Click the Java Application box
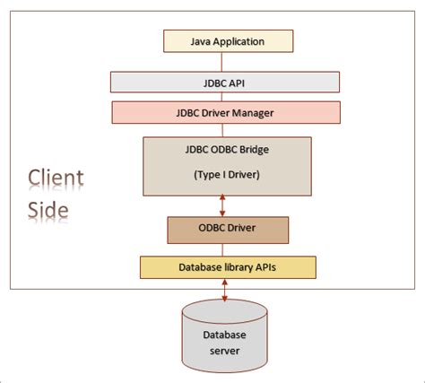coord(226,41)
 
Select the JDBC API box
coord(226,82)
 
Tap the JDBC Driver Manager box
coord(226,113)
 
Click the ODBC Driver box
coord(226,230)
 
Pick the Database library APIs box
coord(226,266)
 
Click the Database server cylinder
coord(226,336)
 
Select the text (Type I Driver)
coord(226,175)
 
